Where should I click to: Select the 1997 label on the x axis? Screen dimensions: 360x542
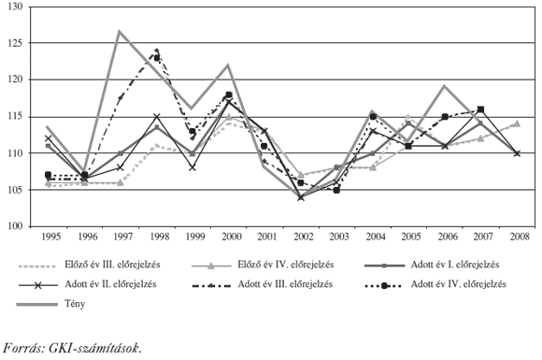(121, 237)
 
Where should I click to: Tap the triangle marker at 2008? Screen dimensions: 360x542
(517, 122)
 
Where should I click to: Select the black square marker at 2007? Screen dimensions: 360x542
(480, 109)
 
